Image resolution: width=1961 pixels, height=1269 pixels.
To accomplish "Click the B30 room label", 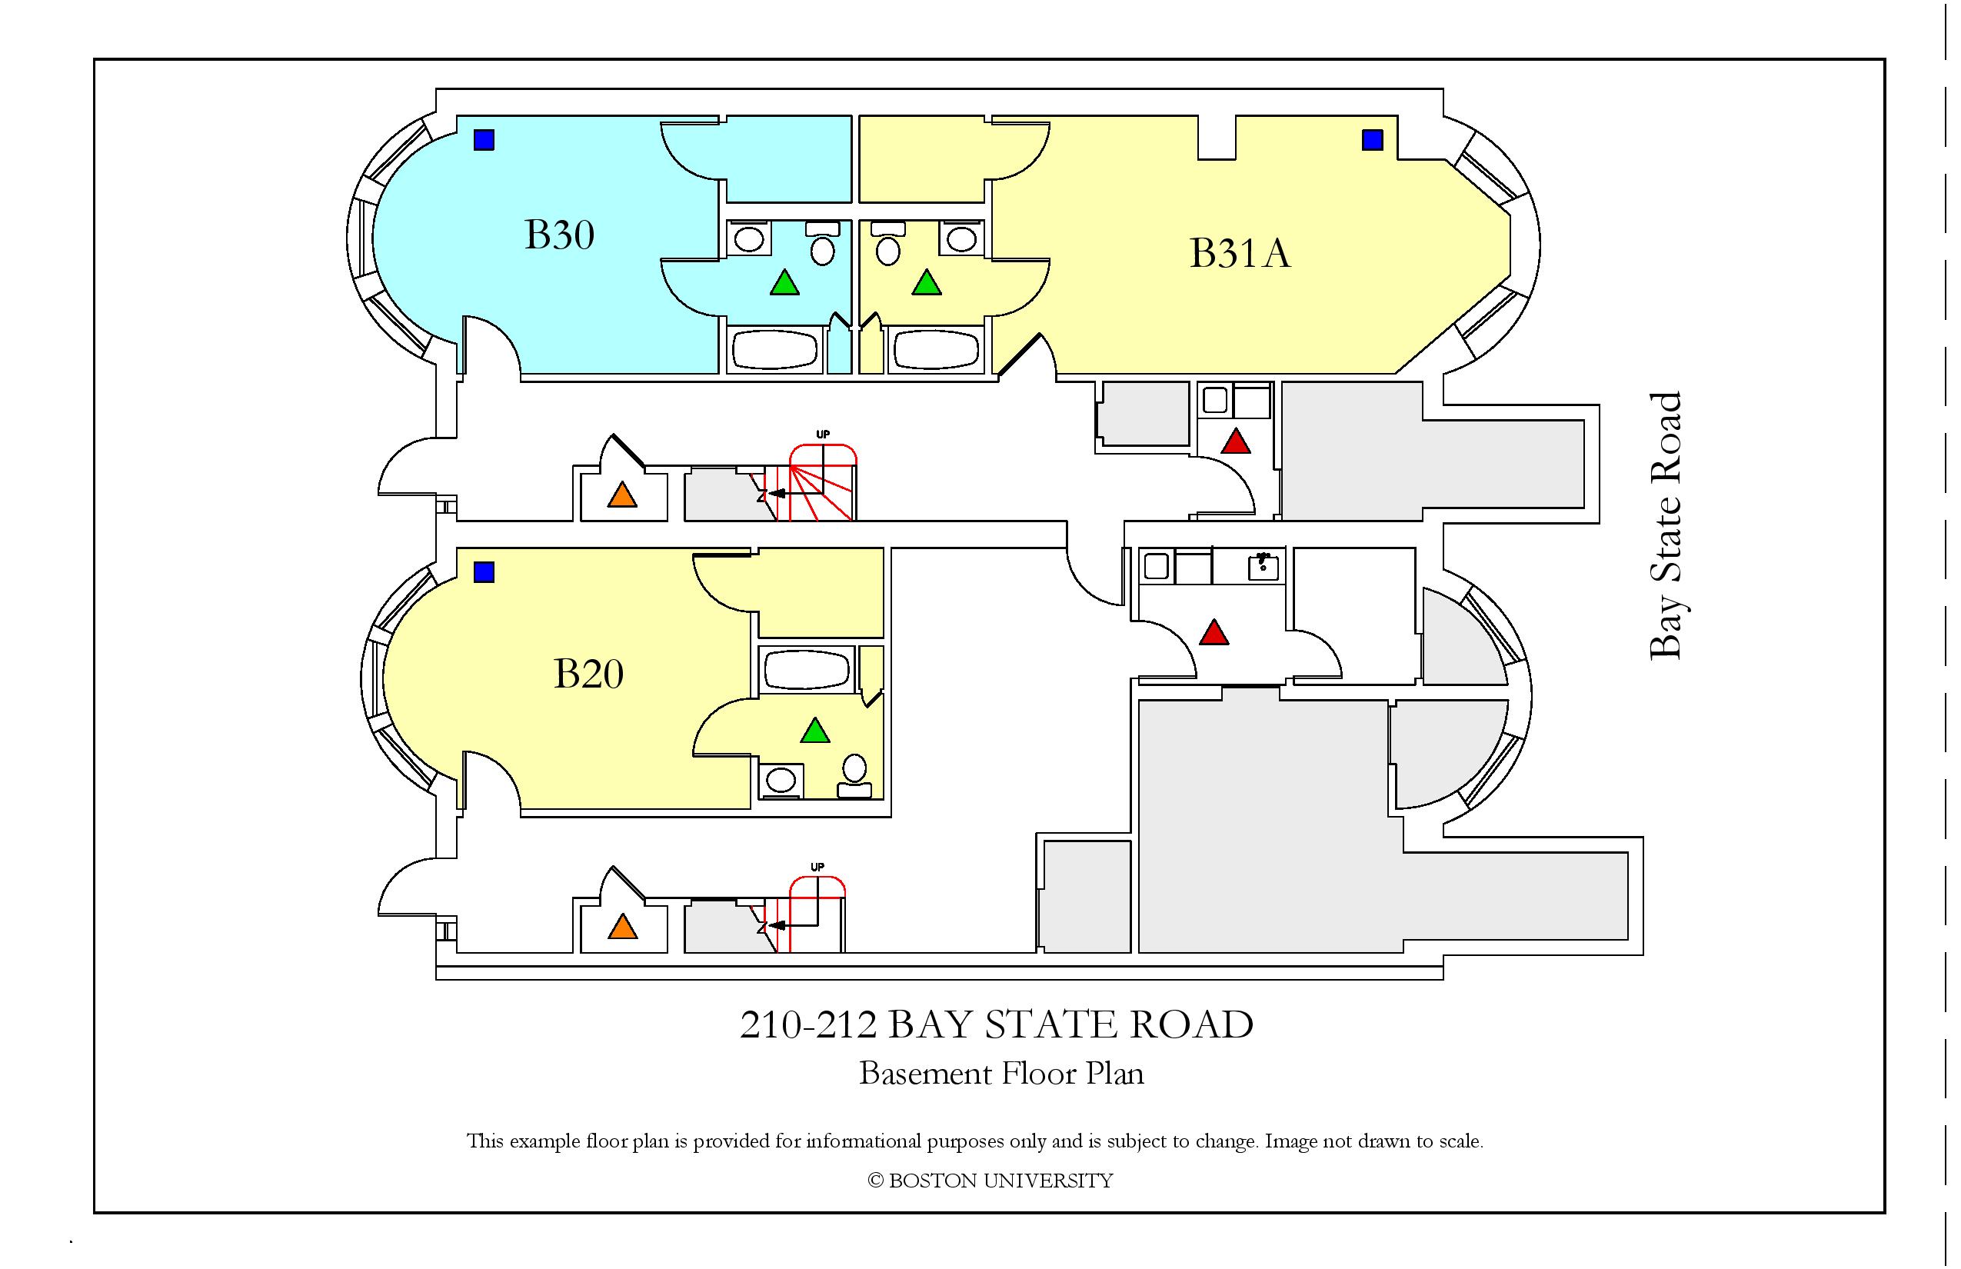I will pyautogui.click(x=560, y=235).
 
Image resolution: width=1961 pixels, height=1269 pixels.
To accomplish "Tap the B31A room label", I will pyautogui.click(x=1239, y=253).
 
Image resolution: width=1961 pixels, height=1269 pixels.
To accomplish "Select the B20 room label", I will pyautogui.click(x=588, y=674).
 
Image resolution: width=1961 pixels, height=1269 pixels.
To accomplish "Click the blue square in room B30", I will pyautogui.click(x=484, y=140).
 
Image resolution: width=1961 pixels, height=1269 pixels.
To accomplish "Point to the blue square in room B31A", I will pyautogui.click(x=1372, y=140).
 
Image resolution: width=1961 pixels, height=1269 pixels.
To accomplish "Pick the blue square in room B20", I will pyautogui.click(x=484, y=572).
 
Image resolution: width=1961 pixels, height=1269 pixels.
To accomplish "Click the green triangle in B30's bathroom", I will pyautogui.click(x=784, y=284).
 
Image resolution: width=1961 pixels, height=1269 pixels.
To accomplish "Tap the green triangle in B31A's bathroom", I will pyautogui.click(x=927, y=284).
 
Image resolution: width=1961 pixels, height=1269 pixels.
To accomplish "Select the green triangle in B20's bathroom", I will pyautogui.click(x=815, y=731).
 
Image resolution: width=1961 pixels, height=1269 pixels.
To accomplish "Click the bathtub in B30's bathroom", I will pyautogui.click(x=774, y=350).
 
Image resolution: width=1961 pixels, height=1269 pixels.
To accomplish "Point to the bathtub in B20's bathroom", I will pyautogui.click(x=807, y=670).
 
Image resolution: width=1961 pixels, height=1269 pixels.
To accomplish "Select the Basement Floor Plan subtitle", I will pyautogui.click(x=1001, y=1074).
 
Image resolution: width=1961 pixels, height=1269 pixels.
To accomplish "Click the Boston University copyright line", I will pyautogui.click(x=990, y=1181).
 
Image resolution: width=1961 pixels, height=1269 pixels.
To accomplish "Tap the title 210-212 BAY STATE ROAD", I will pyautogui.click(x=996, y=1025).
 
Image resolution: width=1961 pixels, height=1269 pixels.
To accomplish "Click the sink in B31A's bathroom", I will pyautogui.click(x=961, y=239).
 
